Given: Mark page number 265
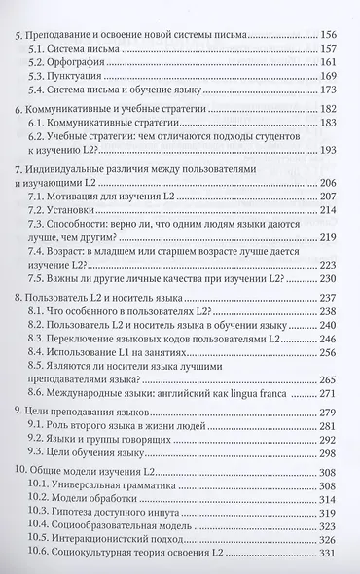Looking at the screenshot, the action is (x=330, y=407).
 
